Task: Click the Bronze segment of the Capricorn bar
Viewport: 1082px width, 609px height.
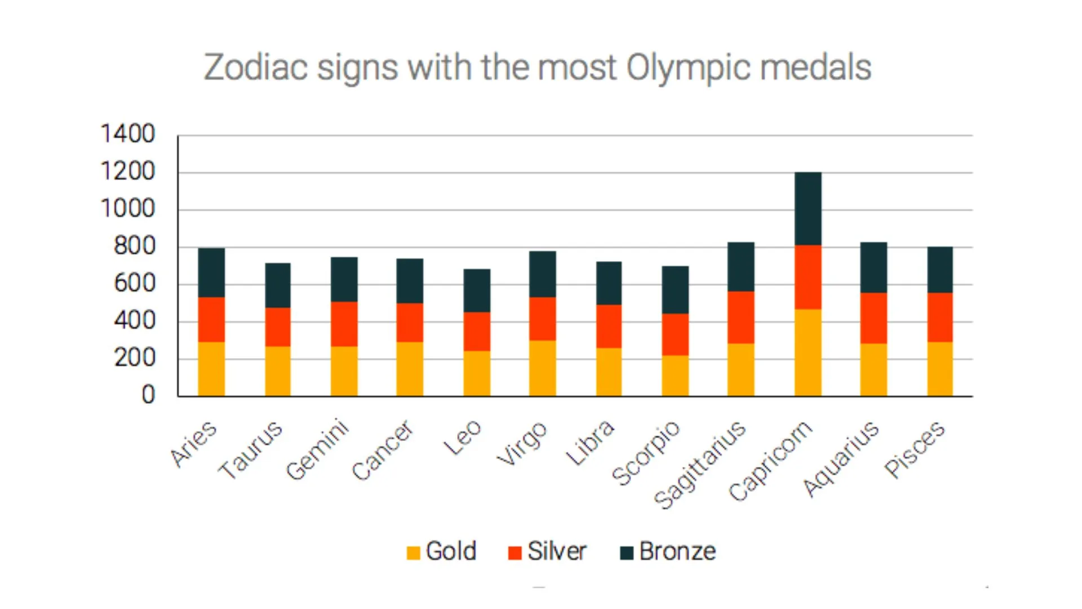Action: pos(808,209)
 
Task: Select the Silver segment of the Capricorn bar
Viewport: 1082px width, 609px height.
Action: pos(808,277)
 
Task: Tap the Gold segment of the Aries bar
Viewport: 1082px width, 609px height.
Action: pos(211,369)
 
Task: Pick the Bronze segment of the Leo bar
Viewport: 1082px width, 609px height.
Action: pos(477,290)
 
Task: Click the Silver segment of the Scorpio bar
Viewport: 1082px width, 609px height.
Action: pos(675,334)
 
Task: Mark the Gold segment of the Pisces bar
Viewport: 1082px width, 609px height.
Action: pos(940,369)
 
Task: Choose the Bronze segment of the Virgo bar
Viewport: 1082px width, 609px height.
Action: pos(542,274)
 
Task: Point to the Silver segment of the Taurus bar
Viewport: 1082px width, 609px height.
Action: pos(278,327)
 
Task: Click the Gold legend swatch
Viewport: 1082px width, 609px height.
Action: pos(413,553)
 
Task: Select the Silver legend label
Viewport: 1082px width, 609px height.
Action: pos(557,551)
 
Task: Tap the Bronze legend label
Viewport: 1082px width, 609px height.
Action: pos(677,551)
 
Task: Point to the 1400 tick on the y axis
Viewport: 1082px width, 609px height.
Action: pos(127,134)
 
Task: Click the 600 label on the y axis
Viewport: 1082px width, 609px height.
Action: pos(134,283)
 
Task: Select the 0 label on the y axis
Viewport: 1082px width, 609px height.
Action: pos(148,395)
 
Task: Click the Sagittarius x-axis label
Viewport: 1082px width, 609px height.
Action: pos(700,465)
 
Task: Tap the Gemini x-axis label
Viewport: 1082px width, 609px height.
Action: pos(318,449)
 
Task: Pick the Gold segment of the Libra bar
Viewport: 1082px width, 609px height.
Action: pos(609,372)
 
